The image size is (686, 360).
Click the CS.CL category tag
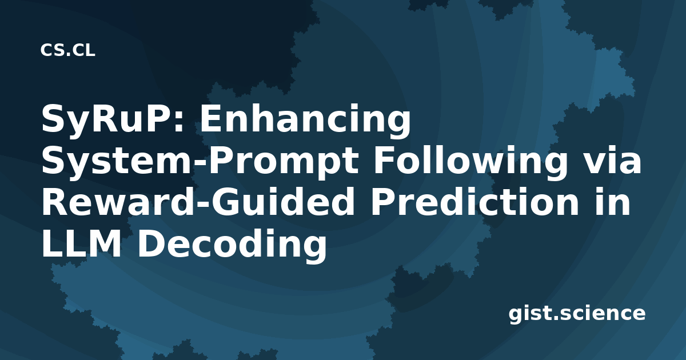click(67, 50)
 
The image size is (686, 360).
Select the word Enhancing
click(305, 119)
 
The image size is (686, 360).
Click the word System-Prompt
click(200, 161)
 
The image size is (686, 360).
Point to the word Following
click(470, 161)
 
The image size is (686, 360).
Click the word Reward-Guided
click(198, 202)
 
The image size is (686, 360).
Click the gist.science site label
click(577, 314)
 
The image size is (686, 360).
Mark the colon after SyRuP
click(178, 122)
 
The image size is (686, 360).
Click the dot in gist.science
click(556, 318)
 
